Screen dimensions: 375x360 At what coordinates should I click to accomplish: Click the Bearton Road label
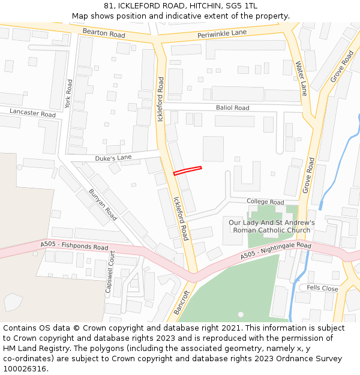point(104,34)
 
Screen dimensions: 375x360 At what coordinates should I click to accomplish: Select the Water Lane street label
point(301,78)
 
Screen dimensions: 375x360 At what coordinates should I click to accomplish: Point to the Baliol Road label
point(232,108)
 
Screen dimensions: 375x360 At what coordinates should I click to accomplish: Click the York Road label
point(68,93)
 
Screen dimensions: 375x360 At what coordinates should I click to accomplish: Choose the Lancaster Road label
point(32,113)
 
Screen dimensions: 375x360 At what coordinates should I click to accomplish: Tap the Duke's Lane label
point(113,158)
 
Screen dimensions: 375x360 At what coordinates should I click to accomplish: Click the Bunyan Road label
point(103,205)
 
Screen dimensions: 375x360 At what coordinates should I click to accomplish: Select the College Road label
point(265,202)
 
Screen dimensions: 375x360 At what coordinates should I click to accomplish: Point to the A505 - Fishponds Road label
point(74,246)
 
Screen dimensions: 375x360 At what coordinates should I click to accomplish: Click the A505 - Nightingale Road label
point(276,251)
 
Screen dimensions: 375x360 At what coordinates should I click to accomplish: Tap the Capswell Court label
point(109,272)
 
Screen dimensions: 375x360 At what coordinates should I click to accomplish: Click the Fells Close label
point(322,289)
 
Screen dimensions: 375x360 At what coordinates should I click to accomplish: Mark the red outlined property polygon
point(187,170)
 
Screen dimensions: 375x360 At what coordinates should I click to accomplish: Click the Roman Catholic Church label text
point(272,230)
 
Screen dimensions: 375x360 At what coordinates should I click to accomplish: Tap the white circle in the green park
point(241,314)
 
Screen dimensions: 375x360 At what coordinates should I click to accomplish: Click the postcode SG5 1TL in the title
point(242,5)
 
